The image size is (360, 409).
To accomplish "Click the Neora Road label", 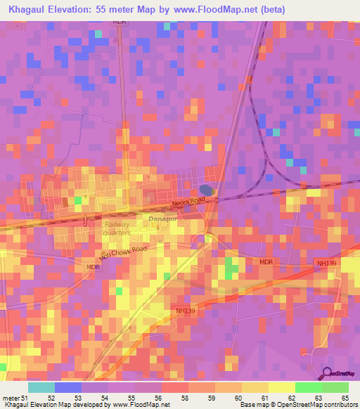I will (x=188, y=204).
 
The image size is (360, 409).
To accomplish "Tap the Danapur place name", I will (x=163, y=220).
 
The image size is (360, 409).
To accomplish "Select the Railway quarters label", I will (x=117, y=228).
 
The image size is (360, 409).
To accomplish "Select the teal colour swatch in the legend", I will (x=41, y=387).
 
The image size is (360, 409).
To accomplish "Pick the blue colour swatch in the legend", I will (x=67, y=387).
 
